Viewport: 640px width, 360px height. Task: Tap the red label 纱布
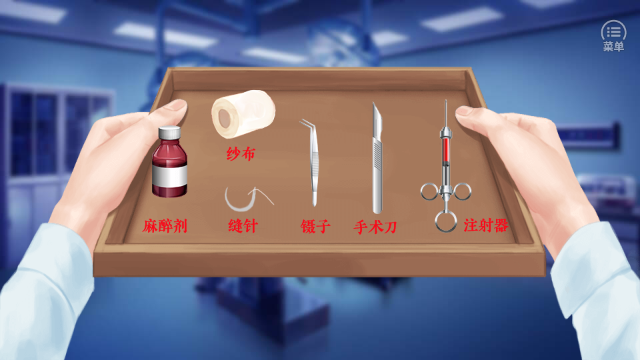(241, 154)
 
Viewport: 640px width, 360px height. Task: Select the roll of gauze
(243, 113)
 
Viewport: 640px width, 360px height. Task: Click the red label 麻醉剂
(165, 226)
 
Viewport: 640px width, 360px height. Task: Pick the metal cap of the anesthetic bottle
(169, 133)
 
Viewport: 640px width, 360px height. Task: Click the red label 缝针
(243, 226)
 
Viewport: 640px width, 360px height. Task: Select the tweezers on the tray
(311, 163)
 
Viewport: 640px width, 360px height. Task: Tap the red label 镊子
(315, 226)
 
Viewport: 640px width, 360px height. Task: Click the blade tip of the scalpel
(373, 104)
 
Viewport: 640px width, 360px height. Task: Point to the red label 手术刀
(375, 227)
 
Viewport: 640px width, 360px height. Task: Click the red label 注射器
(486, 225)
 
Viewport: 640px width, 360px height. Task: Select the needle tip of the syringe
(446, 102)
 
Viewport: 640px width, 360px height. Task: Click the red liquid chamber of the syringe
(446, 149)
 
